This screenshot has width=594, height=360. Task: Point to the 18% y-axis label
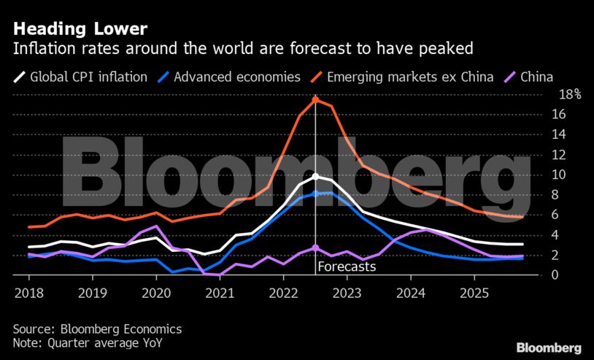(x=569, y=94)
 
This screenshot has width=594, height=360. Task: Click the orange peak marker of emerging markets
(x=315, y=99)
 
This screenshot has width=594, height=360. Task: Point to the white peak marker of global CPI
(x=315, y=177)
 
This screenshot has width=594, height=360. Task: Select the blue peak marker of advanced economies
(x=315, y=194)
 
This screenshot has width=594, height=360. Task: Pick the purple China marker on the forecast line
(x=315, y=248)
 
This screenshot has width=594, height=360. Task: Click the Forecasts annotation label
(x=347, y=267)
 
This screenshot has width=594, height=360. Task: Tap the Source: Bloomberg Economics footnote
(x=98, y=329)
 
